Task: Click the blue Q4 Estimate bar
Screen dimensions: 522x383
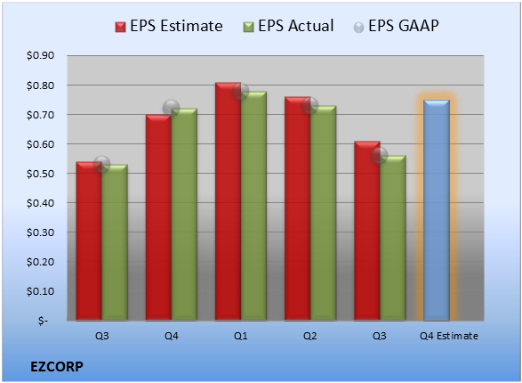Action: pos(437,210)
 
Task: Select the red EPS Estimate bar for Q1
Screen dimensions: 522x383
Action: pos(228,201)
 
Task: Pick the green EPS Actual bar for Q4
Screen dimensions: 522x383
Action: pos(184,215)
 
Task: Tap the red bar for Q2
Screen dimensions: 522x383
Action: pos(298,208)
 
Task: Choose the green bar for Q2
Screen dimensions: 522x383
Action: pos(324,213)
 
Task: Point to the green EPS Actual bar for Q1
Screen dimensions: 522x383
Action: pos(253,206)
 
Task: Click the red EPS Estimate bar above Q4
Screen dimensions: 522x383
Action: pos(158,217)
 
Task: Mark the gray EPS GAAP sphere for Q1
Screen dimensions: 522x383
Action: pos(240,91)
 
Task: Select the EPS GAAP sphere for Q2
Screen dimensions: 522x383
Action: pos(310,106)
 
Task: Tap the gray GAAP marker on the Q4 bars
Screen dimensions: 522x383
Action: pos(171,108)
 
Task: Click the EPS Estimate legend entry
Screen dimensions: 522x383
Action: pos(169,26)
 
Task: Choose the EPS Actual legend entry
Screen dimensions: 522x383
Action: pos(288,26)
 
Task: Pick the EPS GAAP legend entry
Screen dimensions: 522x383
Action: pos(396,26)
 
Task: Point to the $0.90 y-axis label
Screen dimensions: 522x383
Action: pos(40,55)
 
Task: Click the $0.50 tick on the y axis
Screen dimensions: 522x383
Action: pos(40,174)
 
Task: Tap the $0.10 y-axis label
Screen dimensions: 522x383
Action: pos(40,291)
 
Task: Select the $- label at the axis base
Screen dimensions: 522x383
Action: pos(43,321)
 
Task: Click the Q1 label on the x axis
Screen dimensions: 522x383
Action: pos(241,336)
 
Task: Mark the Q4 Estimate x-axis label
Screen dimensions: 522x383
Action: pos(449,336)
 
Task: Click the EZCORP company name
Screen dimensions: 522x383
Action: pos(57,367)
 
